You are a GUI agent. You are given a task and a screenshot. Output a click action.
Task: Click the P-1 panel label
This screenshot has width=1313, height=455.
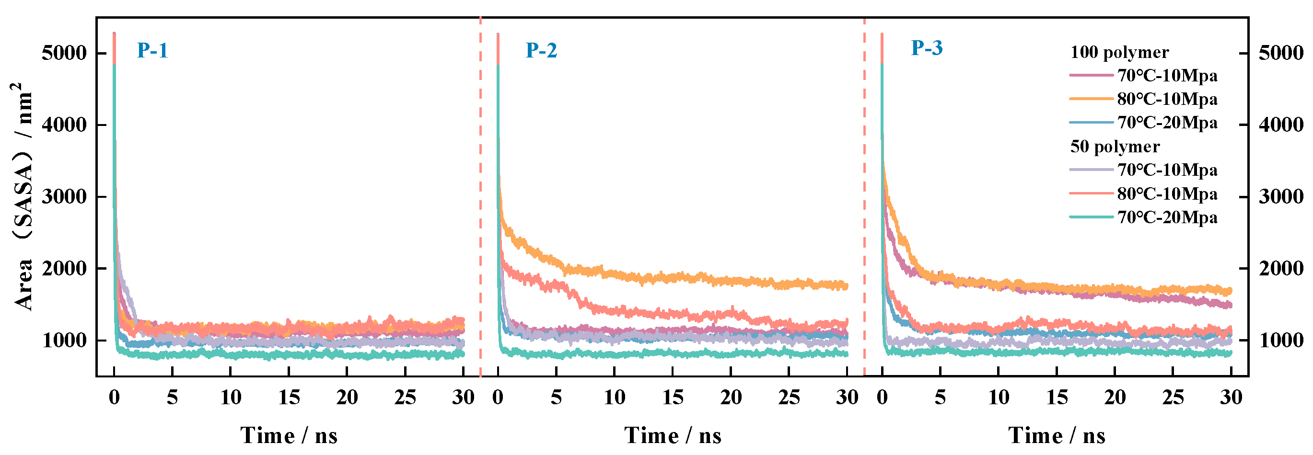click(152, 50)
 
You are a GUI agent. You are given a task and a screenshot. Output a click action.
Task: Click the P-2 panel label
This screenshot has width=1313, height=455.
click(541, 50)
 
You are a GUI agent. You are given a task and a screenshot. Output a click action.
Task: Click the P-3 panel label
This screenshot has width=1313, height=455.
click(927, 48)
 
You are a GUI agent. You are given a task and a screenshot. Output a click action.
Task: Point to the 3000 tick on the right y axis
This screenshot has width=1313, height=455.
click(1281, 197)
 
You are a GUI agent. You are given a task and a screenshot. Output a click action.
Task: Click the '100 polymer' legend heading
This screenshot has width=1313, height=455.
click(1119, 53)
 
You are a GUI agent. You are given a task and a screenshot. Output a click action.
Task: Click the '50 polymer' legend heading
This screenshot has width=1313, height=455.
click(1115, 147)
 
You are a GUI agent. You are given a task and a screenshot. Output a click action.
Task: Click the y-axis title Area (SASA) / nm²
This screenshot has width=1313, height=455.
click(23, 196)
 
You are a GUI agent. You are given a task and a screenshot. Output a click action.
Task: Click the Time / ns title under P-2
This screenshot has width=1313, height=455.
click(673, 436)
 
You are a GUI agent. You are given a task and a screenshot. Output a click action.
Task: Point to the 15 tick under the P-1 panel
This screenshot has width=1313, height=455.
click(289, 397)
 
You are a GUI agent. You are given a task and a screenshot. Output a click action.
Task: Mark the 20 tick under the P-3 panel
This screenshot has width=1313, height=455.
click(1115, 397)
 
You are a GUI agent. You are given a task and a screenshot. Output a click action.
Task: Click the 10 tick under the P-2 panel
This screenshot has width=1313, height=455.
click(615, 397)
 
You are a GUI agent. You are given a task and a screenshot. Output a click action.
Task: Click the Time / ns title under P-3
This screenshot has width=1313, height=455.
click(1057, 436)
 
